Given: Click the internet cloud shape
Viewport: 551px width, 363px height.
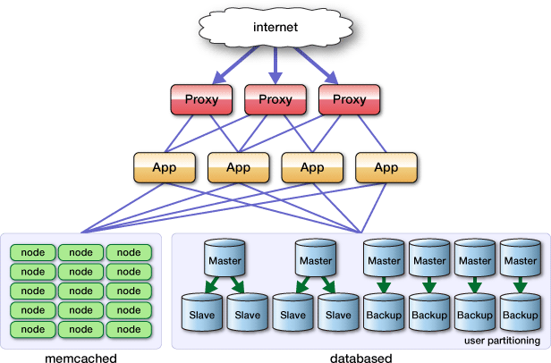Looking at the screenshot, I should (275, 28).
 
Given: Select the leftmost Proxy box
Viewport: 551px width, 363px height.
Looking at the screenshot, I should (200, 99).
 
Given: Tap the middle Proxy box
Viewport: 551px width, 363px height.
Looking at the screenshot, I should (275, 99).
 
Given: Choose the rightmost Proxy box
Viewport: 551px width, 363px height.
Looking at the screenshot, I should (349, 99).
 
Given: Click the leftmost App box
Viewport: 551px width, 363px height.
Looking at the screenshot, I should (164, 167).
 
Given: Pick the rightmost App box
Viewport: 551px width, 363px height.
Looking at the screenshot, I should (386, 167).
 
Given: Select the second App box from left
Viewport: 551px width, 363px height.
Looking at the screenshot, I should (238, 167).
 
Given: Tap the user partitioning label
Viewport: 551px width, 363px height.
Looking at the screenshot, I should (502, 341).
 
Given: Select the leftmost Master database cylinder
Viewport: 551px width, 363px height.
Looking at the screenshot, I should (224, 259).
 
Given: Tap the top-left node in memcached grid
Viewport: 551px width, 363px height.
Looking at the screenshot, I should (32, 253).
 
